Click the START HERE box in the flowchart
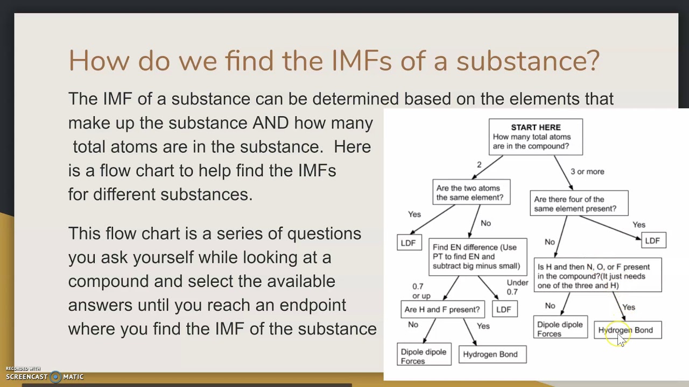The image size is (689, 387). pyautogui.click(x=536, y=137)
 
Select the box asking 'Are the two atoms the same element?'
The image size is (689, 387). pyautogui.click(x=471, y=192)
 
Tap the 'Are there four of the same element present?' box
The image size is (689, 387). pyautogui.click(x=579, y=204)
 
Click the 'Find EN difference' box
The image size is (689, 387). pyautogui.click(x=477, y=256)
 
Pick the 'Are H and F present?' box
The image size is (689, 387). pyautogui.click(x=442, y=309)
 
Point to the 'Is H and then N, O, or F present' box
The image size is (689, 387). pyautogui.click(x=597, y=276)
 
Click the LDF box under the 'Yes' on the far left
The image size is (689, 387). pyautogui.click(x=409, y=243)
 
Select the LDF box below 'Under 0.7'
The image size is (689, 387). pyautogui.click(x=504, y=309)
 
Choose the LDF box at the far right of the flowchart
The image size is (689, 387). pyautogui.click(x=652, y=240)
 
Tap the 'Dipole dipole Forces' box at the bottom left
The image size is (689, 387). pyautogui.click(x=424, y=356)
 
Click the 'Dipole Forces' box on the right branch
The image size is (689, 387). pyautogui.click(x=560, y=329)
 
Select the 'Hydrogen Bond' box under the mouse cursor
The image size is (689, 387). pyautogui.click(x=628, y=330)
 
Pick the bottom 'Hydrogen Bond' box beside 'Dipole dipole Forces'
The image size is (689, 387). pyautogui.click(x=491, y=354)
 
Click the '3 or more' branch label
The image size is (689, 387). pyautogui.click(x=587, y=171)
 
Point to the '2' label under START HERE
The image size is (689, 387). pyautogui.click(x=479, y=164)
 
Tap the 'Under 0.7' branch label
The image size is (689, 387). pyautogui.click(x=517, y=287)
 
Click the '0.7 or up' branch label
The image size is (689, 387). pyautogui.click(x=421, y=291)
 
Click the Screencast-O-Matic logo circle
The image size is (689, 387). pyautogui.click(x=55, y=377)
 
